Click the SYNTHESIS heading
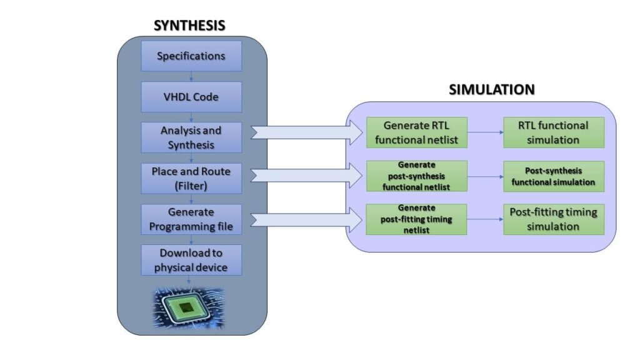(x=189, y=26)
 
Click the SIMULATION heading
(x=492, y=90)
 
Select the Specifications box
(x=191, y=56)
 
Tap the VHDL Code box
(x=191, y=97)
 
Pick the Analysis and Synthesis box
(x=191, y=137)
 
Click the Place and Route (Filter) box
(x=191, y=178)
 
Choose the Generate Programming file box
(x=191, y=219)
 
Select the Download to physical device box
(x=191, y=260)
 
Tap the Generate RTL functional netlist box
(x=417, y=132)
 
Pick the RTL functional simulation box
(x=554, y=132)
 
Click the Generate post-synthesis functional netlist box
(x=417, y=176)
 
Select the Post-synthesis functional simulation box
(x=554, y=176)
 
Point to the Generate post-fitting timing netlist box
(x=417, y=219)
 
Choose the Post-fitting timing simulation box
(x=554, y=219)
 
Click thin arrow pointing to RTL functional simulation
(x=485, y=132)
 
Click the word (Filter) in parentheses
(x=191, y=185)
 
